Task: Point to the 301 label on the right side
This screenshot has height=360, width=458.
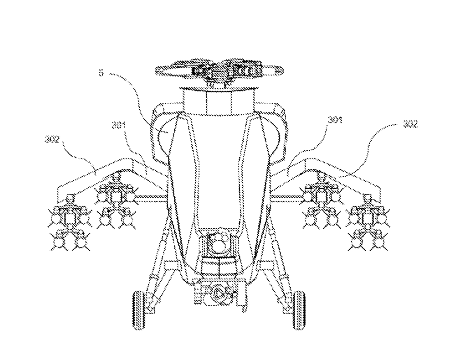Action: click(334, 120)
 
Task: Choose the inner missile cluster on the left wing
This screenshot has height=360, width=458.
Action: click(116, 202)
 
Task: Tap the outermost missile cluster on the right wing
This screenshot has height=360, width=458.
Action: click(368, 222)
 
